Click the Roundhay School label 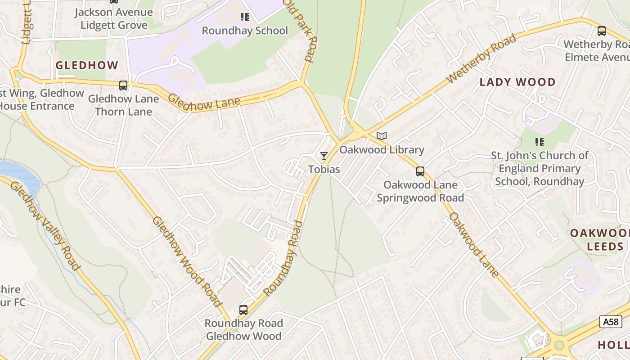coord(244,31)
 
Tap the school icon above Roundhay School coord(244,17)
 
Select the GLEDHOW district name coord(87,65)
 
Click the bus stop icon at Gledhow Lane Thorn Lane coord(123,85)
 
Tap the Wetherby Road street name coord(481,59)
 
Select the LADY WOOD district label coord(517,82)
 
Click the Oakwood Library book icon coord(382,136)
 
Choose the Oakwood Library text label coord(382,149)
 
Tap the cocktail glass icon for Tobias coord(324,156)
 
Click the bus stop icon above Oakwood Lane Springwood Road coord(420,171)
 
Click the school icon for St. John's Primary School coord(540,142)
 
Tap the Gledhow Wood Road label coord(187,261)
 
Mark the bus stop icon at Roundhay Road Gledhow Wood coord(243,310)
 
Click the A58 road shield coord(611,321)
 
